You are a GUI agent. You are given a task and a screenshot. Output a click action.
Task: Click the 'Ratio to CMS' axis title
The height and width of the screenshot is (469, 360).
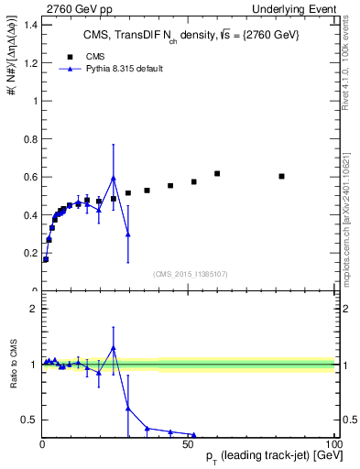15,364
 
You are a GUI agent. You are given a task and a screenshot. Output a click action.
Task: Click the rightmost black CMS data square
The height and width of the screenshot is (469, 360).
281,176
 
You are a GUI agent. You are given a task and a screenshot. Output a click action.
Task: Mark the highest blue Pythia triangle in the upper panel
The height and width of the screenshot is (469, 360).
114,178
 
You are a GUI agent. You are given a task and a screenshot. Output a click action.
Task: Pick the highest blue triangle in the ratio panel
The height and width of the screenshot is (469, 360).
114,348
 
